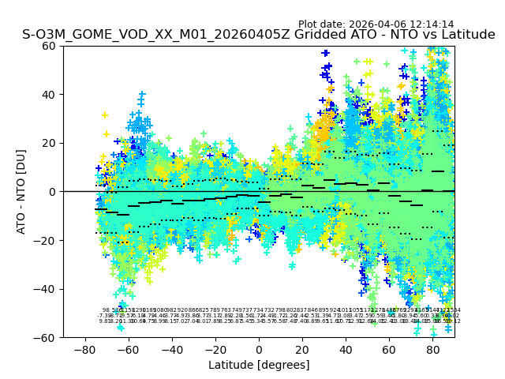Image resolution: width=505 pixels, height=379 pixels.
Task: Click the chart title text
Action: pos(259,35)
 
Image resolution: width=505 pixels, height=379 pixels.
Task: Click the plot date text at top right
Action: pos(376,24)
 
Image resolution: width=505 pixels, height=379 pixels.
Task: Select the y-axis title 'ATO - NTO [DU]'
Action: pos(21,192)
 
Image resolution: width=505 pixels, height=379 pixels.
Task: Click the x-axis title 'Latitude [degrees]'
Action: pos(259,365)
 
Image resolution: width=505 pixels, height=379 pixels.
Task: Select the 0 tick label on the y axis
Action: pos(52,192)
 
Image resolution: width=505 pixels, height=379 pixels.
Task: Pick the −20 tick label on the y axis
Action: pos(47,240)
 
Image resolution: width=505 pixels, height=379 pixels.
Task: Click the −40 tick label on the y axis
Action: pos(47,289)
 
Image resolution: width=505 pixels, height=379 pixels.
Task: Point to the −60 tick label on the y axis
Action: pos(47,337)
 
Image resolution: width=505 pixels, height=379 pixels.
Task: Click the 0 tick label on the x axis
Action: pos(259,349)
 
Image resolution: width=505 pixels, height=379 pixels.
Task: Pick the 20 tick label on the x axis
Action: pos(302,349)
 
